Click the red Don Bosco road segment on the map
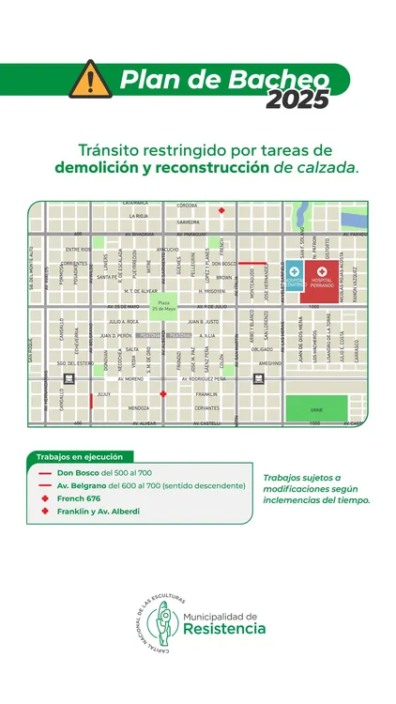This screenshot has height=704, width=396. click(249, 264)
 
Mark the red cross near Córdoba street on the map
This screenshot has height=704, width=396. click(221, 210)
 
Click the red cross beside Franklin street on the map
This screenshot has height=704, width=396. click(163, 394)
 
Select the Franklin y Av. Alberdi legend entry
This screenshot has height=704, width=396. click(98, 512)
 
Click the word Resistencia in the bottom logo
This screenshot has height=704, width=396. click(224, 629)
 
